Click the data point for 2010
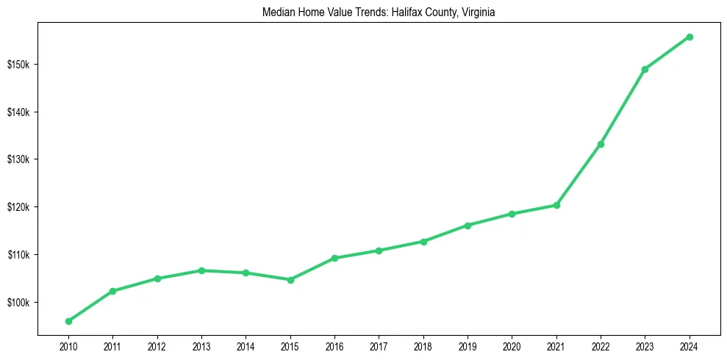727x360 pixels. [68, 321]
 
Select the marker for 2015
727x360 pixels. [290, 280]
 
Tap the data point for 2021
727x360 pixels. [556, 205]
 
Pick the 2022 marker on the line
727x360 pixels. [601, 144]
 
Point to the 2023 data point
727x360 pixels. [645, 69]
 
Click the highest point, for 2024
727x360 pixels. [690, 37]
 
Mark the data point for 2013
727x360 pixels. [201, 270]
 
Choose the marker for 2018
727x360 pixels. [423, 241]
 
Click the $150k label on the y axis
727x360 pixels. [18, 65]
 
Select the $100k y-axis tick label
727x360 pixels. [18, 302]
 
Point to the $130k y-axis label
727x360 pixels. [18, 159]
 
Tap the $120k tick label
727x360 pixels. [18, 207]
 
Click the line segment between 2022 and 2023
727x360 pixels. [623, 107]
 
